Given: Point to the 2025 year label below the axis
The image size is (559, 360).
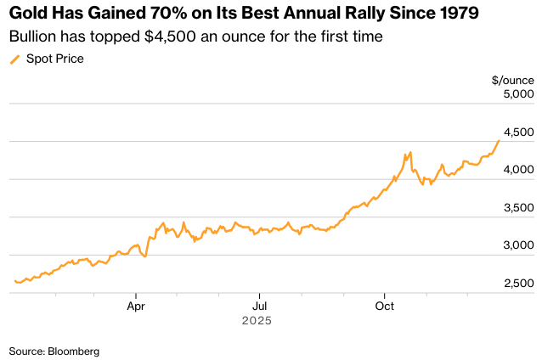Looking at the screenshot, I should click(256, 321).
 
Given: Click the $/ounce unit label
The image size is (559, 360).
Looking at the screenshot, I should click(511, 80).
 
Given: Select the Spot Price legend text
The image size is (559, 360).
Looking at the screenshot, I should click(55, 59).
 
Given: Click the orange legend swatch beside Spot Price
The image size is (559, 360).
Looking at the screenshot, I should click(14, 59).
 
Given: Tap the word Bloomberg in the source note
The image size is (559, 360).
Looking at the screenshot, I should click(74, 350).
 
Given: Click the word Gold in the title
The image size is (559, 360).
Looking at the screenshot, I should click(28, 14).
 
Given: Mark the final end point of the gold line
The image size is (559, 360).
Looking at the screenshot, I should click(499, 140).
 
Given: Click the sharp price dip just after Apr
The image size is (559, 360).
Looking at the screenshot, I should click(145, 256).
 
